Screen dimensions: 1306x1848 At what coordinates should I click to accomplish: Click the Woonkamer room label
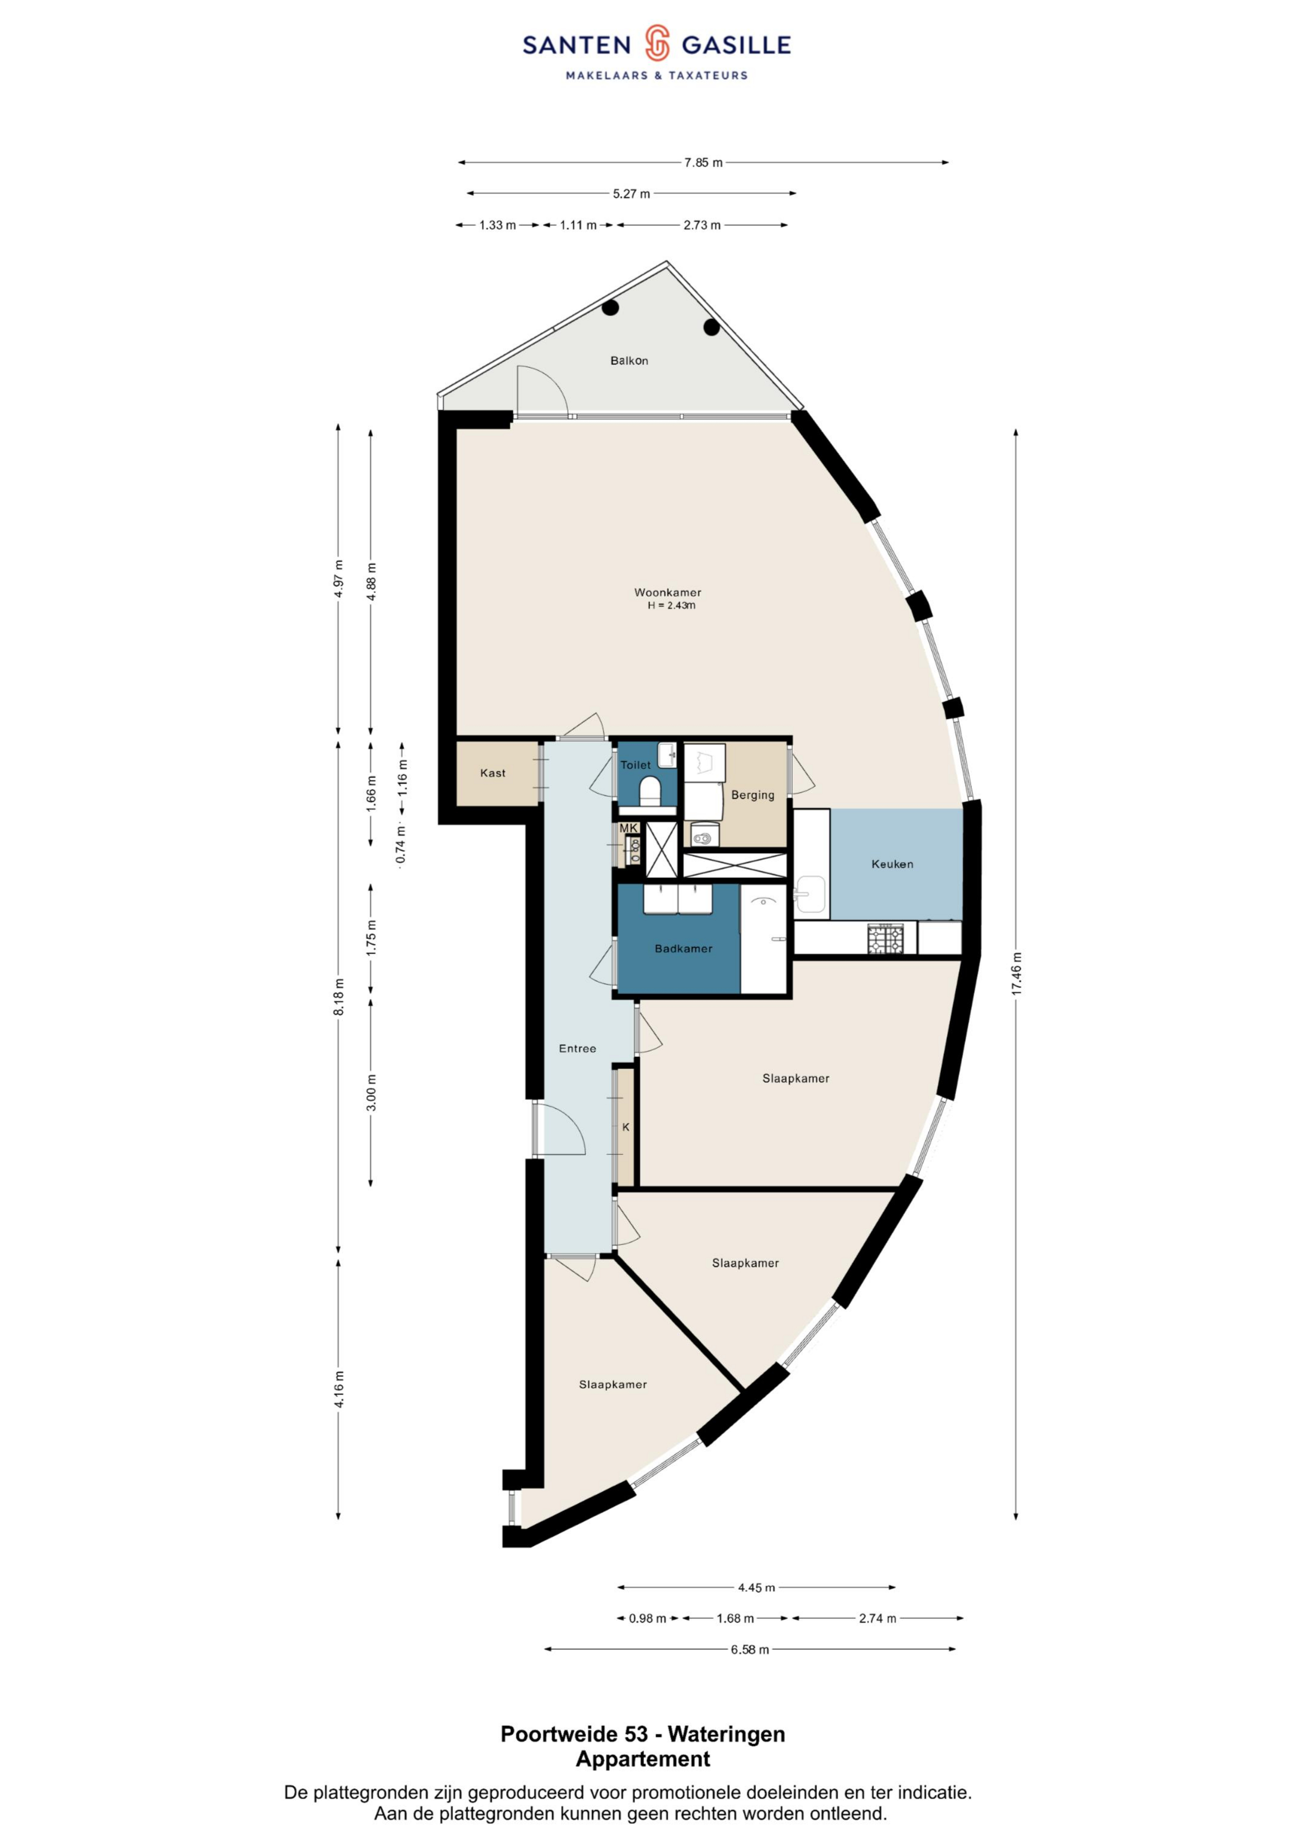click(x=667, y=592)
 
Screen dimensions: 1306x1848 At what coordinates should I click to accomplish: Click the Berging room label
click(x=752, y=795)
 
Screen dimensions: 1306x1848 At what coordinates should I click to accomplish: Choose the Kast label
click(x=493, y=773)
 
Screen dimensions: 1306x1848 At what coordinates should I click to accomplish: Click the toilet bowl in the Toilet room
click(x=648, y=790)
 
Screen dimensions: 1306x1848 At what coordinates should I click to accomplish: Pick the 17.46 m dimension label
click(x=1016, y=974)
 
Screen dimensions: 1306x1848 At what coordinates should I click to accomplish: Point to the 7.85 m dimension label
click(x=703, y=163)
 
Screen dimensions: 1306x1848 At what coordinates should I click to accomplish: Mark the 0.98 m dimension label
click(x=648, y=1618)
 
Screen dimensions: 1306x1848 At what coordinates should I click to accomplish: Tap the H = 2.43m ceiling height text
click(x=671, y=605)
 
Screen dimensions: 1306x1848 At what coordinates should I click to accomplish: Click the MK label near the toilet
click(x=628, y=827)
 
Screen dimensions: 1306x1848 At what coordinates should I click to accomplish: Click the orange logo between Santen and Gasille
click(x=657, y=43)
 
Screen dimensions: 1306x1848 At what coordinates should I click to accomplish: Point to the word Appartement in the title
click(x=643, y=1759)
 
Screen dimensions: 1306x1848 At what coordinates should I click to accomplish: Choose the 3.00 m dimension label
click(x=371, y=1092)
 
